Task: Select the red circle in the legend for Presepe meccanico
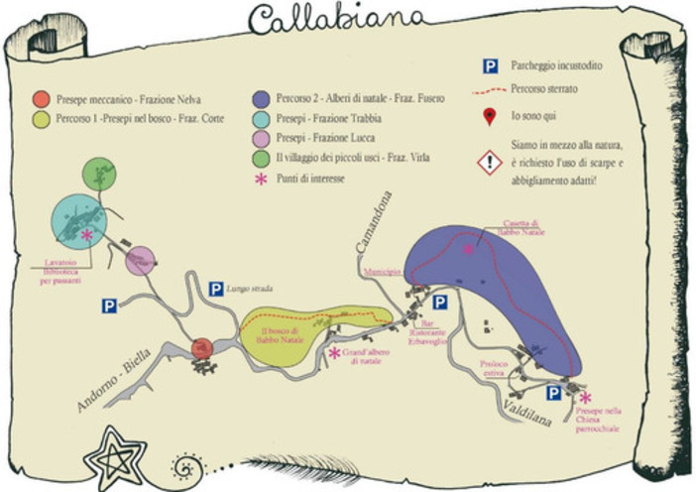click(x=40, y=99)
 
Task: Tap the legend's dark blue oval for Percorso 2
click(x=262, y=99)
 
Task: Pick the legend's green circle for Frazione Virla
click(x=262, y=159)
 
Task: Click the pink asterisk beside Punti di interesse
click(x=262, y=180)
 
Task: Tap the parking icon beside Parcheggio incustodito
click(x=490, y=66)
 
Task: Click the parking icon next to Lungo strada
click(x=215, y=289)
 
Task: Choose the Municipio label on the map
click(x=381, y=271)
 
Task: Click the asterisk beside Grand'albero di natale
click(x=334, y=352)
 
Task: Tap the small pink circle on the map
click(x=141, y=260)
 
